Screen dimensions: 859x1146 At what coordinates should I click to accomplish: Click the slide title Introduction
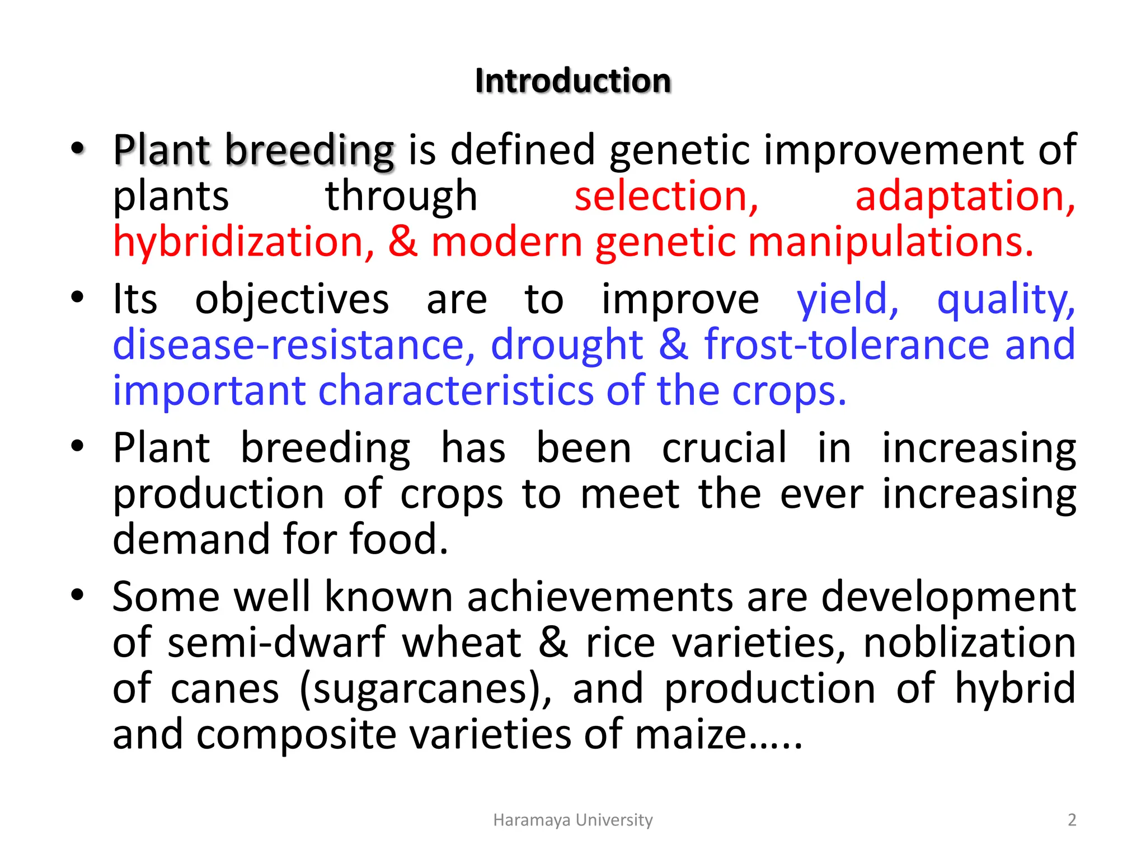point(572,81)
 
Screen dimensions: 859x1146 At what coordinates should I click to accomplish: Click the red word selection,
point(666,197)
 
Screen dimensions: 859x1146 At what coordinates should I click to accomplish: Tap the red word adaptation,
point(965,197)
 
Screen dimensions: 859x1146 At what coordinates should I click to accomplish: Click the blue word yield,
point(847,300)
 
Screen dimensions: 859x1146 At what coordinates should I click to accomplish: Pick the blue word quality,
point(1006,300)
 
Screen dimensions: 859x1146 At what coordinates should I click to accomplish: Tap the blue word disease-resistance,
point(294,345)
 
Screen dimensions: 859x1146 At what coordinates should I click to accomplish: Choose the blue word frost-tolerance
point(847,345)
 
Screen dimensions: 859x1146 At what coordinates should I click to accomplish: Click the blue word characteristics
point(455,391)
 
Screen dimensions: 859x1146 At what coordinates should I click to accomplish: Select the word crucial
point(724,449)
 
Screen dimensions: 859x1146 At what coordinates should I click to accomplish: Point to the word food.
point(398,540)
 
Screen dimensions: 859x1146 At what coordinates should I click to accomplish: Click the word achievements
point(600,597)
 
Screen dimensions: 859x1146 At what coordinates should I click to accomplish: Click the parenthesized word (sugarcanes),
point(425,689)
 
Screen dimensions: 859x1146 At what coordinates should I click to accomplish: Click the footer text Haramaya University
point(572,820)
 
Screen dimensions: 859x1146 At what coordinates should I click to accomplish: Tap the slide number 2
point(1072,820)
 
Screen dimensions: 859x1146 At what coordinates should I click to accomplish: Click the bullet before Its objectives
point(77,297)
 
